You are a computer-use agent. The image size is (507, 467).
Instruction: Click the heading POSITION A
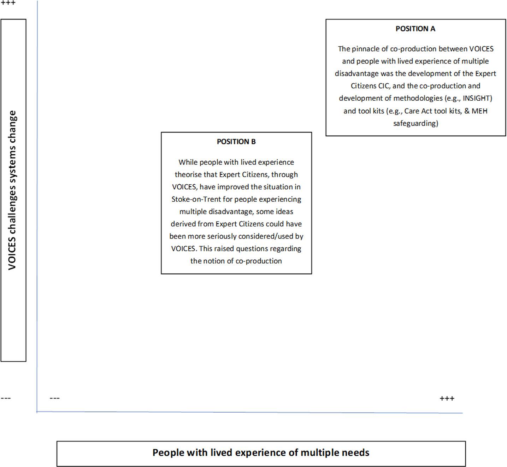415,29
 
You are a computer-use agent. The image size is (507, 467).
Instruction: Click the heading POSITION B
236,142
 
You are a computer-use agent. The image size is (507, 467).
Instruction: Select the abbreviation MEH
479,111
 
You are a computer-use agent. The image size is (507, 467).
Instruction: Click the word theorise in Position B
188,175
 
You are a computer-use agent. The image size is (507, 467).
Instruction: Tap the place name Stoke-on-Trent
196,199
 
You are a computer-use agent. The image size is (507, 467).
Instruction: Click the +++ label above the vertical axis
8,3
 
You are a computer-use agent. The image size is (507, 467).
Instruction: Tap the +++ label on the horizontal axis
447,398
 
